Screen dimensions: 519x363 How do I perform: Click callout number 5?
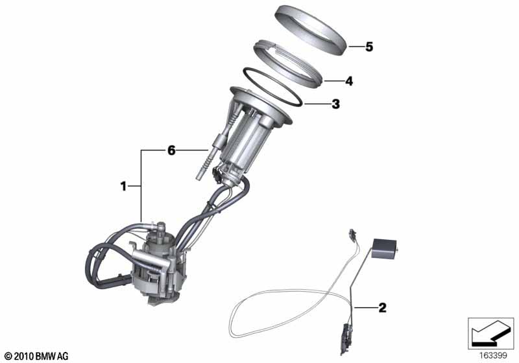369,47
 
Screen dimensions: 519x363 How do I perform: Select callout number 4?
349,81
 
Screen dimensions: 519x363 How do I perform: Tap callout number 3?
335,104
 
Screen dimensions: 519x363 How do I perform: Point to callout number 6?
171,151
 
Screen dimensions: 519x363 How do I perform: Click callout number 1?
123,187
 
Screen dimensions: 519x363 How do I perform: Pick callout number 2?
382,308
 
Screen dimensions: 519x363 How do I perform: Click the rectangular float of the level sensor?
384,248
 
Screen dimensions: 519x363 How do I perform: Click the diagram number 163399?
493,356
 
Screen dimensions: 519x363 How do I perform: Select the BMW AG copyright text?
36,357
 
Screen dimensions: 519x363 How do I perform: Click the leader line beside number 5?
356,47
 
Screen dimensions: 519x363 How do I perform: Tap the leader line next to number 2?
365,308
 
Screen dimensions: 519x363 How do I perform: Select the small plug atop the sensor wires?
352,234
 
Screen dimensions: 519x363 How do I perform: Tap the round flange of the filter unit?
261,105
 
